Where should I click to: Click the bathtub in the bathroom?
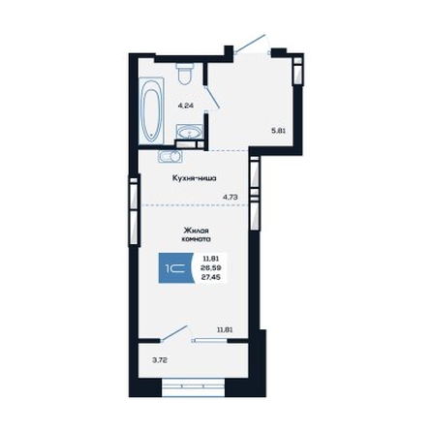pos(151,110)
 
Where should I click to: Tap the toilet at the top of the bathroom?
pos(185,73)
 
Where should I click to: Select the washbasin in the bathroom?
pos(190,132)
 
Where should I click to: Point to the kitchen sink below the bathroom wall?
pos(170,156)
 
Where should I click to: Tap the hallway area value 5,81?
pos(279,131)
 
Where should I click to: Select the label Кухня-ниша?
pos(194,178)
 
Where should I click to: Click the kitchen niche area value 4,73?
pos(231,197)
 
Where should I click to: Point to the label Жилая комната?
pos(197,234)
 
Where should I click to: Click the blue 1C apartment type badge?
pos(176,268)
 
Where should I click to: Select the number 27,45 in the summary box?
pos(211,276)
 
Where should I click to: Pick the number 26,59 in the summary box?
pos(211,267)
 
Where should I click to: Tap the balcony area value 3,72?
pos(160,360)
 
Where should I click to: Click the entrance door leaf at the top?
pos(250,43)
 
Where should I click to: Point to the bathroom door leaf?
pos(213,97)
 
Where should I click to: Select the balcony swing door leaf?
pos(174,333)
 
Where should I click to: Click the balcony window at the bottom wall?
pos(193,386)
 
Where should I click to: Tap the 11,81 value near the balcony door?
pos(225,330)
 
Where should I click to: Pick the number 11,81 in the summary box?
pos(211,259)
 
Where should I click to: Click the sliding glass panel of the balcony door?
pos(210,339)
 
